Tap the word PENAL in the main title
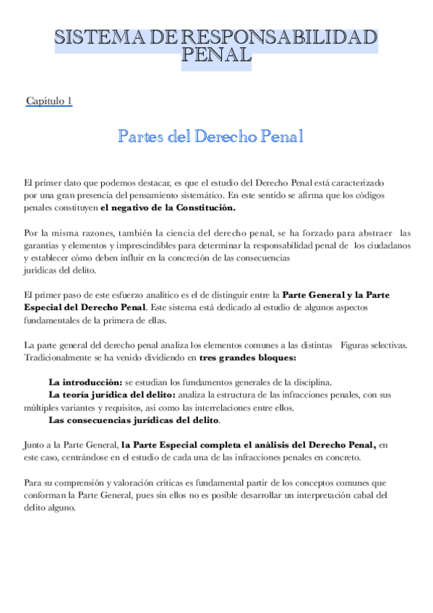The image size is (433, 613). coord(216,55)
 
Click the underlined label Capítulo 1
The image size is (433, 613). coord(48,101)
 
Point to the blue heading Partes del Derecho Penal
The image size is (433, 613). coord(210,137)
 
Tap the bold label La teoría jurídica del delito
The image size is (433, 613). coord(112,394)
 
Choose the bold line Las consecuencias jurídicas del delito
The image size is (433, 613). coord(134,419)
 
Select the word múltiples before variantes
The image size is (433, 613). coord(43,407)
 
